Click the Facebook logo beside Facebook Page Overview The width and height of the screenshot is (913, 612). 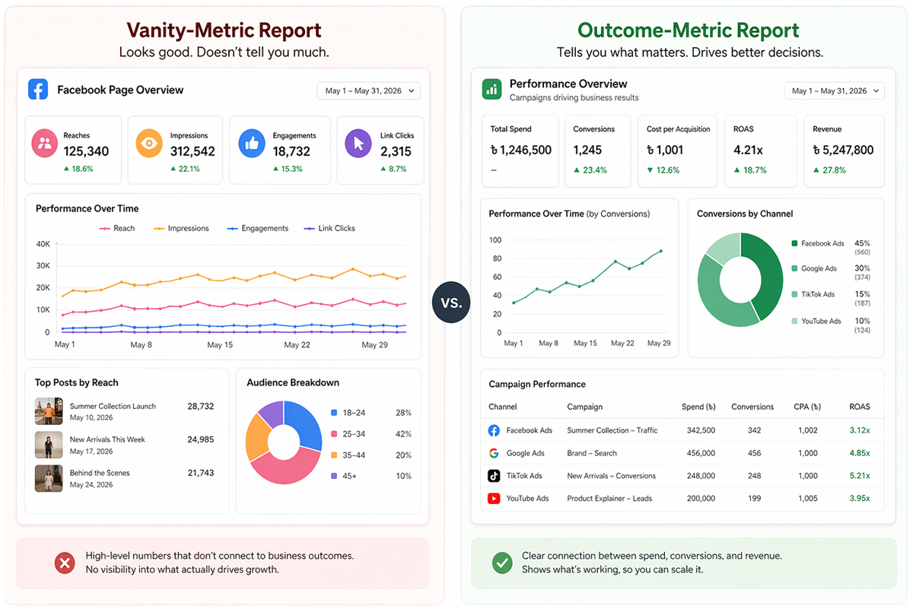coord(38,90)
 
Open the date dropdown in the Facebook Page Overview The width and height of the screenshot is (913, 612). coord(368,90)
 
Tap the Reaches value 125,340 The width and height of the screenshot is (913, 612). coord(86,151)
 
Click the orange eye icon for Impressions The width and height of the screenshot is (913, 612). coord(149,143)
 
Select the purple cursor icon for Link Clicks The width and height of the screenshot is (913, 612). coord(358,143)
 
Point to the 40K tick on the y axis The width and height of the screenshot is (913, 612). coord(43,244)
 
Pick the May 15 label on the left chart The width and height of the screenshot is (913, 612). coord(219,345)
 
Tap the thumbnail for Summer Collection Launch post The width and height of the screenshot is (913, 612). coord(49,411)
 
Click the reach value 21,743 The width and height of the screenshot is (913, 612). coord(200,473)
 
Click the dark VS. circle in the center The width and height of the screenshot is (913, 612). coord(451,303)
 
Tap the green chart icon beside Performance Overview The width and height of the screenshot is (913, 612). coord(492,90)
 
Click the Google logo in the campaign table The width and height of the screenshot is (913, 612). coord(494,453)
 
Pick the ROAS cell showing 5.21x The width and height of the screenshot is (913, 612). coord(860,476)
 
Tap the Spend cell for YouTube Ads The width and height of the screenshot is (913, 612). coord(700,499)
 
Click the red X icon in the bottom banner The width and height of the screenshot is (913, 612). coord(65,563)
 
